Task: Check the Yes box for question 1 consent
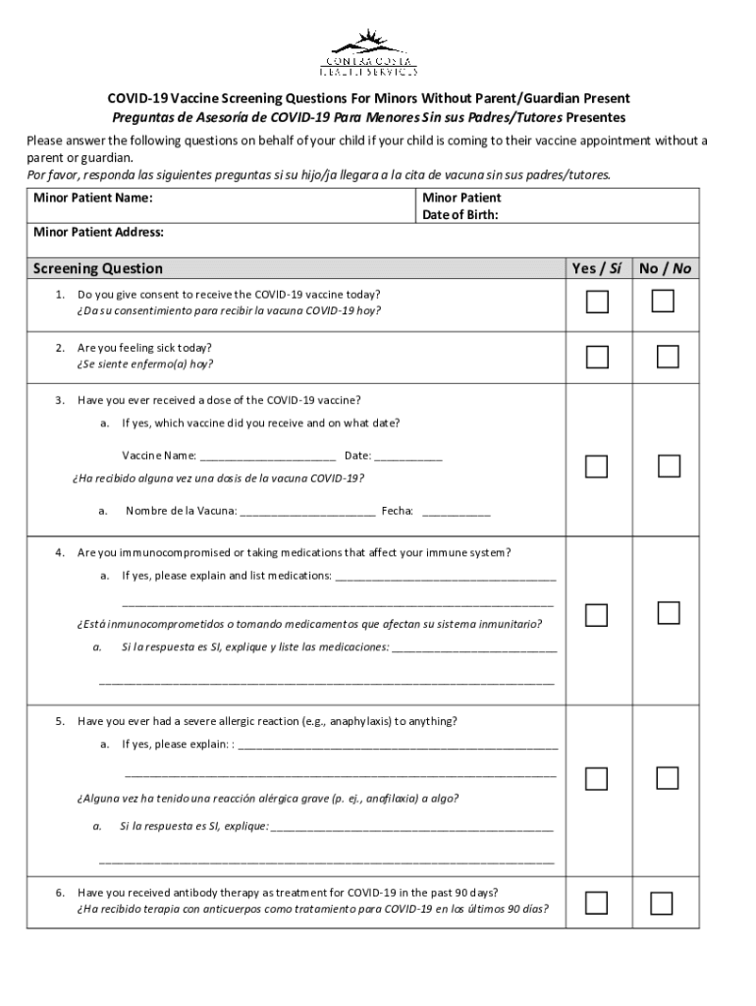click(x=597, y=303)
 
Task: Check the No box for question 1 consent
click(x=664, y=302)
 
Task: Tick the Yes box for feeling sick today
click(x=597, y=356)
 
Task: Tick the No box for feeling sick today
click(x=668, y=356)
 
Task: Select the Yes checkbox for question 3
click(x=597, y=466)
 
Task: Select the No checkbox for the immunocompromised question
click(x=669, y=613)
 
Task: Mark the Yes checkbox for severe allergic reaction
click(x=597, y=779)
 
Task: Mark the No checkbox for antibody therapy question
click(x=662, y=903)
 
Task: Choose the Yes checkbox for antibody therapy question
click(x=597, y=902)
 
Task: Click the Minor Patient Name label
click(x=92, y=197)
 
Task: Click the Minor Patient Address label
click(x=98, y=233)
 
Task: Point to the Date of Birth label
click(x=460, y=215)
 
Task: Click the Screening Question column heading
click(x=98, y=268)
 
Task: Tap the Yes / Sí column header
click(x=597, y=268)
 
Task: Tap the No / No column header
click(x=666, y=268)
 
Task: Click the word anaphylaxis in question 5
click(x=358, y=721)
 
